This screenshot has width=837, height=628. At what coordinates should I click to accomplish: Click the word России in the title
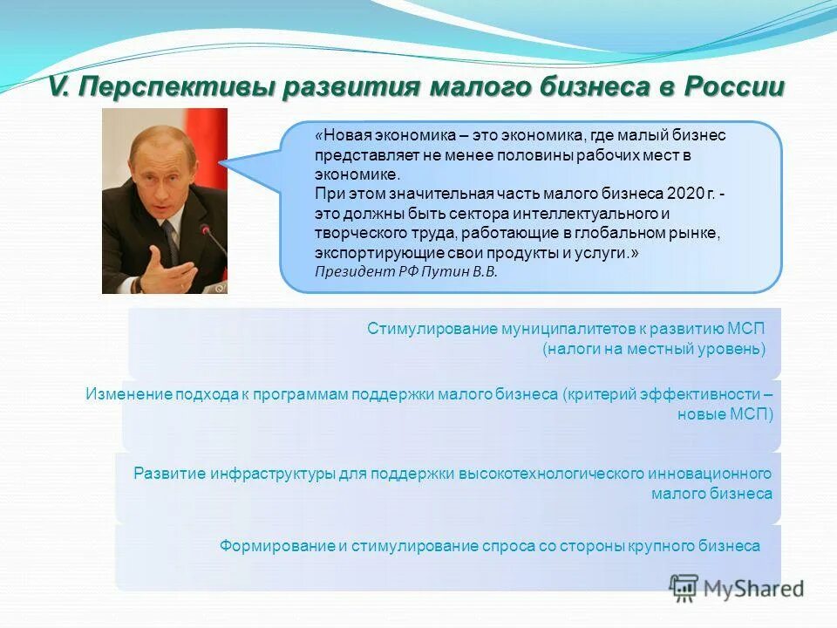coord(734,87)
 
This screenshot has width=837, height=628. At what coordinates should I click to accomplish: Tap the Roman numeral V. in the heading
coord(59,87)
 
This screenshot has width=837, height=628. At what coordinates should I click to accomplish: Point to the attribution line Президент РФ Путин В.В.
coord(405,271)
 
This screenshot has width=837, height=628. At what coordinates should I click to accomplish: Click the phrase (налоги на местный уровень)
coord(653,349)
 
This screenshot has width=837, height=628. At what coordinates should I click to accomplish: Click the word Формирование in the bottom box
coord(277,546)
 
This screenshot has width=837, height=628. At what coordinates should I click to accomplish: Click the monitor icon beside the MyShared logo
coord(684,586)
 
